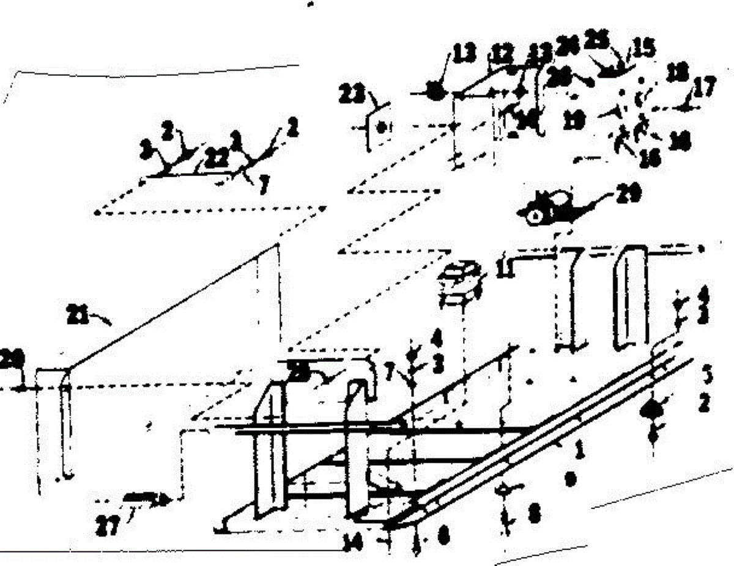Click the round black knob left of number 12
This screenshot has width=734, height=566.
tap(436, 92)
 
